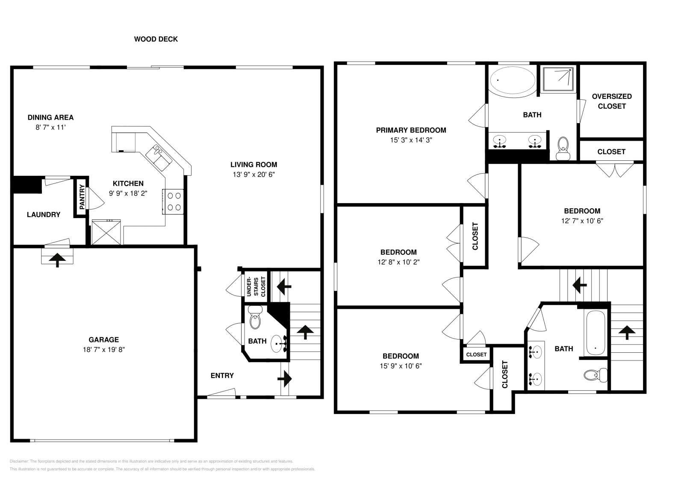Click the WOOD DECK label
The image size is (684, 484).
pyautogui.click(x=156, y=39)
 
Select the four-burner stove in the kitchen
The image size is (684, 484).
pyautogui.click(x=174, y=201)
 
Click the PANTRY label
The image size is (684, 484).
pyautogui.click(x=82, y=197)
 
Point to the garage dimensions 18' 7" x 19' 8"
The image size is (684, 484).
pyautogui.click(x=103, y=349)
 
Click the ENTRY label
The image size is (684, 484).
pyautogui.click(x=222, y=375)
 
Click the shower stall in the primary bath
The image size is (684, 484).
pyautogui.click(x=558, y=79)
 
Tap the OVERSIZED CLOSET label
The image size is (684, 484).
pyautogui.click(x=611, y=101)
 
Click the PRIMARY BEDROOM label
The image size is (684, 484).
pyautogui.click(x=411, y=130)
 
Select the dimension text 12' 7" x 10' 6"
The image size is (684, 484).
pyautogui.click(x=582, y=221)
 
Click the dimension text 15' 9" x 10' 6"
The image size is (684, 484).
pyautogui.click(x=401, y=366)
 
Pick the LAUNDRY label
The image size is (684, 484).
pyautogui.click(x=44, y=215)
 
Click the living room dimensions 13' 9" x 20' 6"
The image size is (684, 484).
pyautogui.click(x=254, y=174)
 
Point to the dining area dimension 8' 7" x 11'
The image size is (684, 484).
pyautogui.click(x=50, y=127)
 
